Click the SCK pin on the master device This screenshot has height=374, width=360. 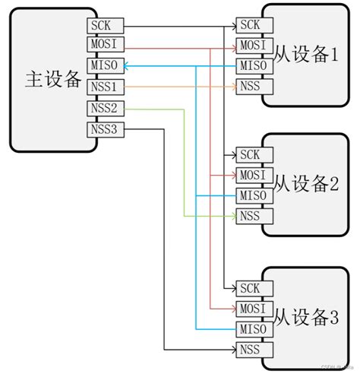pyautogui.click(x=103, y=26)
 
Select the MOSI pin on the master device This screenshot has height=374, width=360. pyautogui.click(x=103, y=46)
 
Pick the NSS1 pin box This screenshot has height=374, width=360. pyautogui.click(x=103, y=87)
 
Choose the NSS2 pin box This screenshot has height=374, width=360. pyautogui.click(x=103, y=108)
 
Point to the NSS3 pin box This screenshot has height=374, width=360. pyautogui.click(x=103, y=128)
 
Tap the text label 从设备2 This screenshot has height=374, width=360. pyautogui.click(x=305, y=184)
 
